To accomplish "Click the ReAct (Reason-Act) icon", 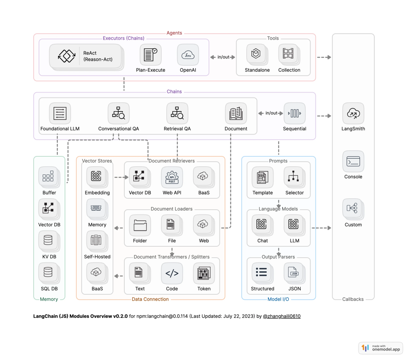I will (x=64, y=56).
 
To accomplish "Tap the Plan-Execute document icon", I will (x=150, y=55).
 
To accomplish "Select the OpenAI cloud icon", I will (x=188, y=55).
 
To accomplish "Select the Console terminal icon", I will (x=353, y=161).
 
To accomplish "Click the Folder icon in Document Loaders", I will (x=140, y=225).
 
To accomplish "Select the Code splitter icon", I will (x=172, y=273).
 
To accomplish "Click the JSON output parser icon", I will (x=294, y=273).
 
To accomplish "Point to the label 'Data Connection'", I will (x=150, y=299).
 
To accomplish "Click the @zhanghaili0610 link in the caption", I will (x=281, y=316).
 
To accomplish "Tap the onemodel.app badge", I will (x=380, y=348).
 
